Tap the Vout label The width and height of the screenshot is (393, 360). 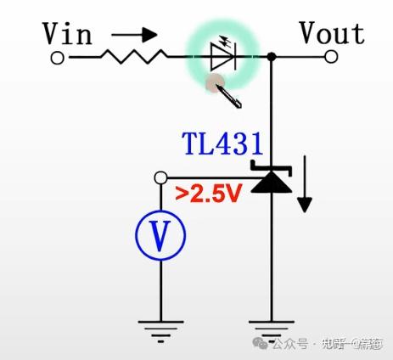coord(331,34)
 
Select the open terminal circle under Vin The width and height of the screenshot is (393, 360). coord(58,58)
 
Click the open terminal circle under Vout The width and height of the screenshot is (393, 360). coord(331,58)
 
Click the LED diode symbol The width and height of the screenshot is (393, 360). coord(222,58)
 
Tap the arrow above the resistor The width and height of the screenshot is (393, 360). coord(135,35)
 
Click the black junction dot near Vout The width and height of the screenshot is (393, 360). coord(272,58)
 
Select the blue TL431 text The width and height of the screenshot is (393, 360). coord(222,143)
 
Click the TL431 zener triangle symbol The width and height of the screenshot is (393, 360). coord(271,180)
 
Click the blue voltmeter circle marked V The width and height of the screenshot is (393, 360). coord(160,233)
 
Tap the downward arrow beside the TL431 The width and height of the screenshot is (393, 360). coord(304,190)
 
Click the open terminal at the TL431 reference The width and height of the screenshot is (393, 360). coord(160,177)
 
